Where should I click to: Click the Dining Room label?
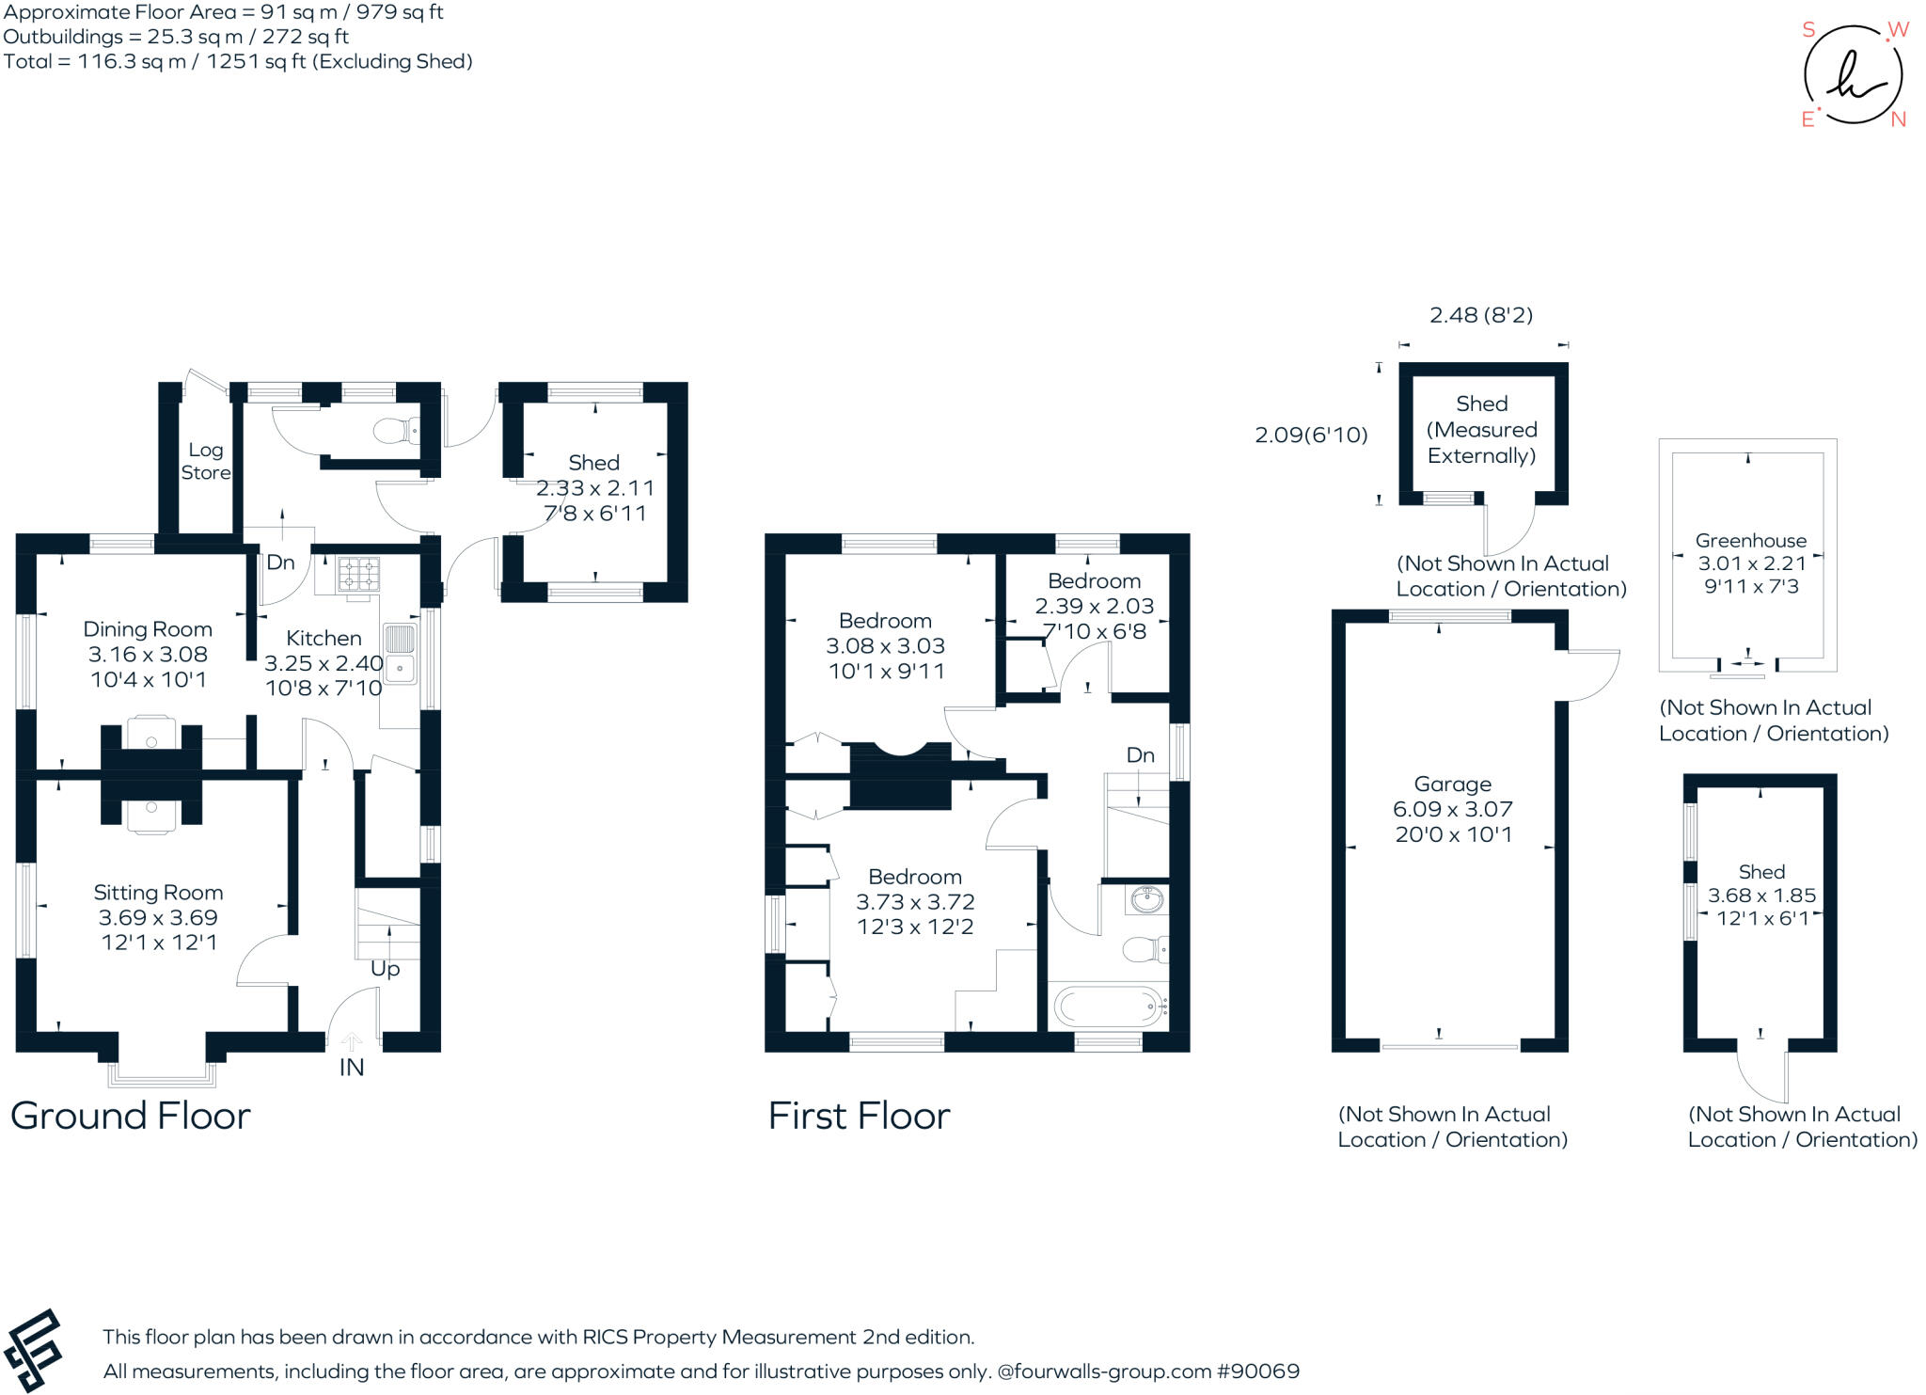coord(148,629)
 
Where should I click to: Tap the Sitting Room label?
coord(158,893)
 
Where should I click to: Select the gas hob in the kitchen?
coord(358,574)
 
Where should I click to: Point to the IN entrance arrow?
coord(351,1042)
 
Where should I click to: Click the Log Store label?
coord(205,461)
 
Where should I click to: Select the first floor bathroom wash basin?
coord(1146,900)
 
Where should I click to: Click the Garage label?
coord(1452,785)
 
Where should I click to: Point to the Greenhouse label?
coord(1750,541)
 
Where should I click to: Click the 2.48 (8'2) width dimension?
coord(1480,315)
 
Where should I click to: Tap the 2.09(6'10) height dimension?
coord(1311,435)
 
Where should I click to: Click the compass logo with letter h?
coord(1853,75)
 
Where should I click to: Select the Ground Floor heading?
coord(130,1116)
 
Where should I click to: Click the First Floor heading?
coord(859,1117)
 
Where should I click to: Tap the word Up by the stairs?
coord(385,969)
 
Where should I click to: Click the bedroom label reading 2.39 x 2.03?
coord(1094,606)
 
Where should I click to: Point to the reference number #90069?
coord(1257,1371)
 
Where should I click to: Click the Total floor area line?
coord(237,62)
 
